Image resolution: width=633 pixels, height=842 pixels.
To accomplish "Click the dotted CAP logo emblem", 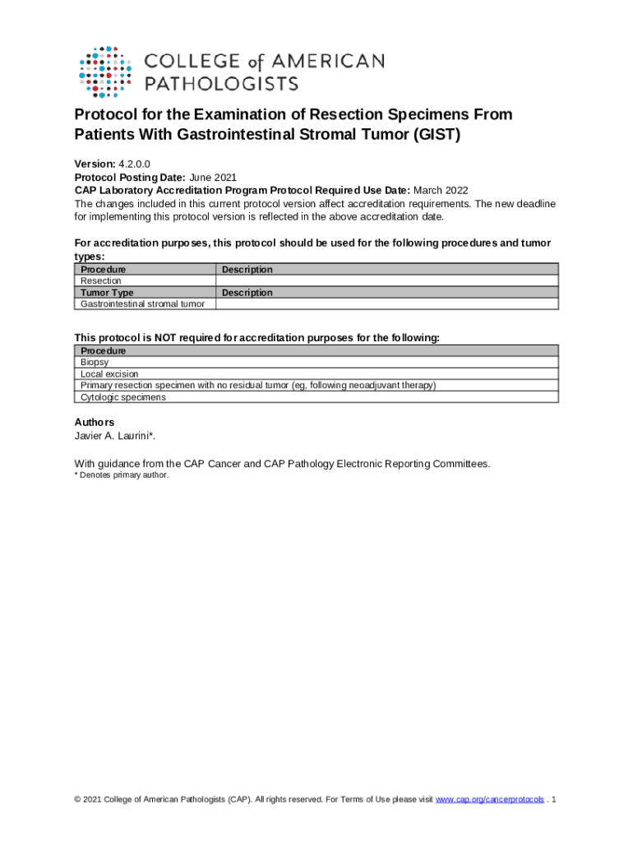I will point(104,68).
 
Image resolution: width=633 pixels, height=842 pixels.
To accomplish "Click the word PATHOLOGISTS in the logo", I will point(222,82).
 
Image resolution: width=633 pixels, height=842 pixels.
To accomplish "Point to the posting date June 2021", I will point(214,177).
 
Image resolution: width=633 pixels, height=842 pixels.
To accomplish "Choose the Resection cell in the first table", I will point(101,281).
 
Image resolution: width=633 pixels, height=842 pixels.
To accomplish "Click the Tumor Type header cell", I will point(107,293).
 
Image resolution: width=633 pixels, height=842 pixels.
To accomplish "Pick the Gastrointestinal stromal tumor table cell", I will point(142,304).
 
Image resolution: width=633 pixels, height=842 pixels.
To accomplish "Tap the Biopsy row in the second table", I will point(95,362).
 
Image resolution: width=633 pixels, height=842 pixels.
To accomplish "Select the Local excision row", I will point(109,373).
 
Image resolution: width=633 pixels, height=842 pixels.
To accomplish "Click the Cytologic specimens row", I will point(123,397).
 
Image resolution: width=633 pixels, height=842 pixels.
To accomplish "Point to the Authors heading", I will point(95,423).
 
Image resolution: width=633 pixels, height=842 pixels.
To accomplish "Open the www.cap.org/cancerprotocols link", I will point(489,800).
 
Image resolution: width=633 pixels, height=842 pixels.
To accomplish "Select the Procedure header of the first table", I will point(104,270).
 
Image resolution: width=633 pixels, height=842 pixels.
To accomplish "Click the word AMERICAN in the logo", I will point(333,61).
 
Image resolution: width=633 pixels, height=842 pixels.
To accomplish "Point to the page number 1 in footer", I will point(556,800).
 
